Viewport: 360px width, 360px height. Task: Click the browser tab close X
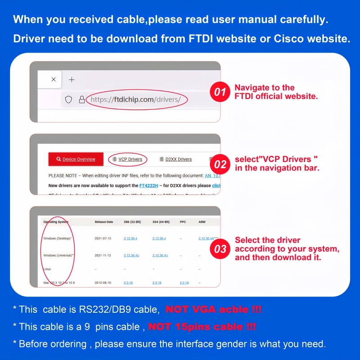[54, 79]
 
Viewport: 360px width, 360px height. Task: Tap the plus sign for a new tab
[72, 80]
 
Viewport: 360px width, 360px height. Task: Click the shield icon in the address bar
[68, 100]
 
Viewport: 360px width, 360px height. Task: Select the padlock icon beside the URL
[81, 100]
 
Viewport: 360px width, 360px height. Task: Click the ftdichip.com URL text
[135, 100]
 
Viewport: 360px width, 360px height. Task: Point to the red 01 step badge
[220, 92]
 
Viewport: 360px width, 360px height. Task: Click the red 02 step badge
[220, 164]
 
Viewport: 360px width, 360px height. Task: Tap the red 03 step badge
[220, 249]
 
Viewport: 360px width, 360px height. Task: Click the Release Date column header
[104, 222]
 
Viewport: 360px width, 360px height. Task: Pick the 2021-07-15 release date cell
[103, 238]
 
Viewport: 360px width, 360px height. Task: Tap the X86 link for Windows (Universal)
[131, 256]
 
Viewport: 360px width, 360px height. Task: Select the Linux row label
[47, 269]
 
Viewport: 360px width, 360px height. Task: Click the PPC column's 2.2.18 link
[184, 283]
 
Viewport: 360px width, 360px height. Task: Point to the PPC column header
[183, 222]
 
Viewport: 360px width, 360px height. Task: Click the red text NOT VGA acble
[213, 310]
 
